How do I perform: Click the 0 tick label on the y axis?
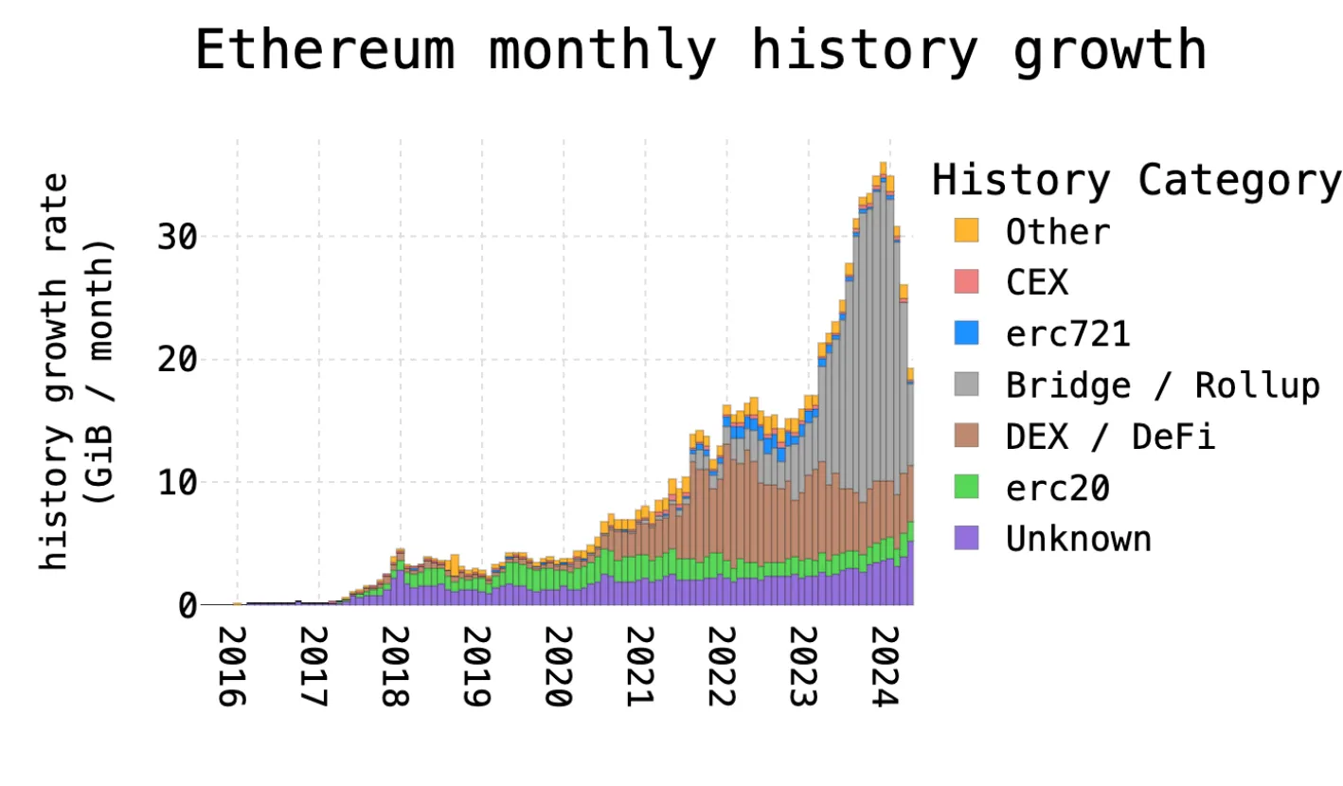[x=187, y=605]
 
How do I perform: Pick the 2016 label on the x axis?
[x=233, y=666]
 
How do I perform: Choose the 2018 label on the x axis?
[x=396, y=666]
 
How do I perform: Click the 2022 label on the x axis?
[x=723, y=666]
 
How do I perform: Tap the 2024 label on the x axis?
[x=886, y=666]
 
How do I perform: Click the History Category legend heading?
[x=1135, y=180]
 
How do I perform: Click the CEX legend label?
[x=1037, y=282]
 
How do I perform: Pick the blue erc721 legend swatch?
[x=966, y=333]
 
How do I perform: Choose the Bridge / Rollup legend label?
[x=1162, y=385]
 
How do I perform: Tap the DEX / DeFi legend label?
[x=1110, y=437]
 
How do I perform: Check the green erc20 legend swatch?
[x=966, y=488]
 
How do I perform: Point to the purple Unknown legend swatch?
[x=966, y=539]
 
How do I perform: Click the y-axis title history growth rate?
[x=57, y=371]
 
